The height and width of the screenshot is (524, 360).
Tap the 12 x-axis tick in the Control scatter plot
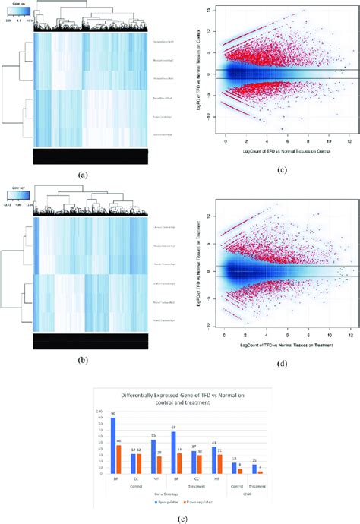(x=349, y=142)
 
